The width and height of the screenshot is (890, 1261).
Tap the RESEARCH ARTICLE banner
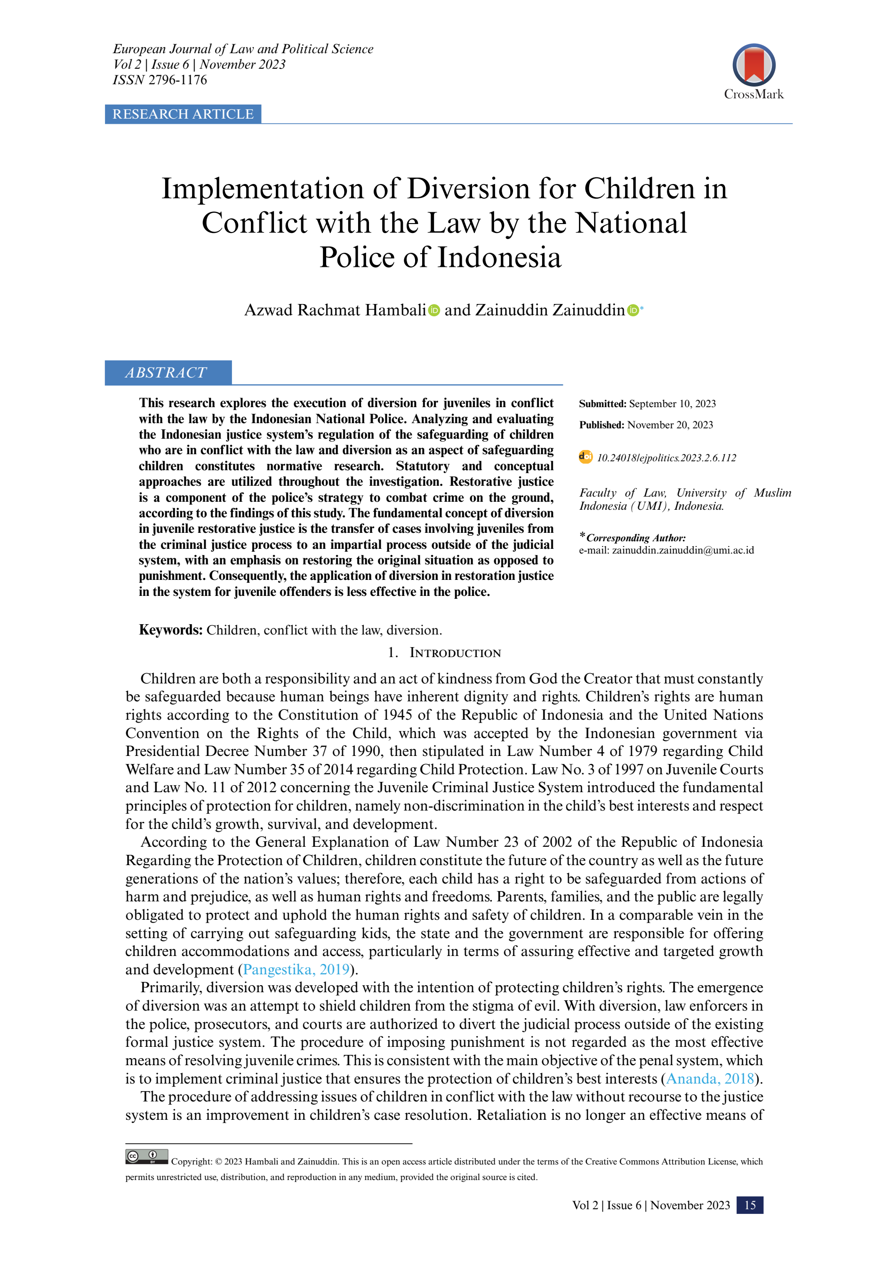coord(183,114)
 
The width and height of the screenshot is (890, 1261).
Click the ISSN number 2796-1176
coord(177,80)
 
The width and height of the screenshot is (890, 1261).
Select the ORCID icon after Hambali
coord(434,310)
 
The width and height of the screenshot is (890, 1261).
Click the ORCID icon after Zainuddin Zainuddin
coord(633,310)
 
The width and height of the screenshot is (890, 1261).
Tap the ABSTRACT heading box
coord(168,373)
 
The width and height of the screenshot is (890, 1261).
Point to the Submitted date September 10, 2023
coord(672,404)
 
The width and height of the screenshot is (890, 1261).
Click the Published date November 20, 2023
coord(670,425)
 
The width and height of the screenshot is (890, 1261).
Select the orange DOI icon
coord(586,457)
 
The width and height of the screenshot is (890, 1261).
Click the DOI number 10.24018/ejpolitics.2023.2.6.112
coord(666,458)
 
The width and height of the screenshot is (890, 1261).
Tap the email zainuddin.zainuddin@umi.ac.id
coord(682,550)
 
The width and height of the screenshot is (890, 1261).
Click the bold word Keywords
coord(171,630)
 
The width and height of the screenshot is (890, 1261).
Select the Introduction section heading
coord(455,653)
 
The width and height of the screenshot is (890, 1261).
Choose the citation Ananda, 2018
coord(710,1079)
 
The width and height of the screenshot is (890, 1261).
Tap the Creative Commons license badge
coord(146,1157)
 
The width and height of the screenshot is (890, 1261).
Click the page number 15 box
coord(749,1205)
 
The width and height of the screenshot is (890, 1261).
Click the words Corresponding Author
coord(636,538)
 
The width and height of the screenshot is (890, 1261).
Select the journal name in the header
coord(243,49)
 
